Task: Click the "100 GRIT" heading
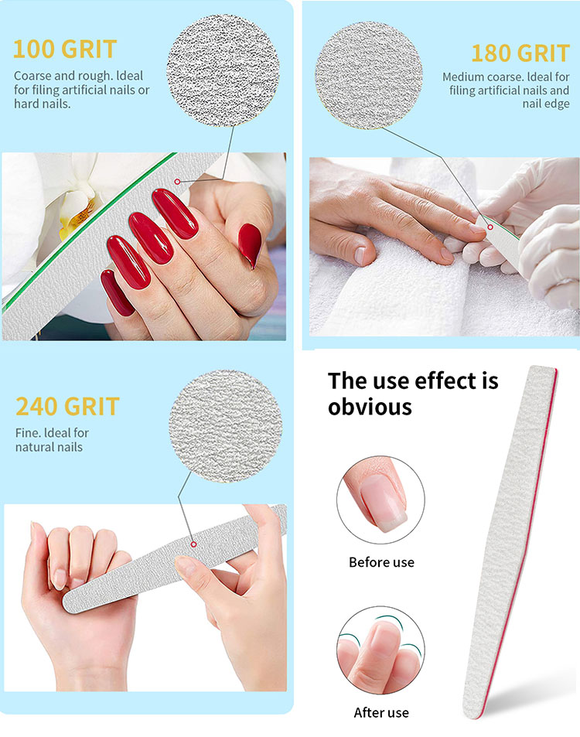coord(65,49)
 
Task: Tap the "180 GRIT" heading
coord(520,53)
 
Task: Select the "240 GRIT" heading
coord(68,407)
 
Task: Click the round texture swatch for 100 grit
coord(223,70)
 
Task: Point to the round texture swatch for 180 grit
coord(369,75)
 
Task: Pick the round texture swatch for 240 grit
coord(226,426)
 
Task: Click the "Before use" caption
coord(381,562)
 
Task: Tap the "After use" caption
coord(381,712)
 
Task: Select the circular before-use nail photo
coord(380,500)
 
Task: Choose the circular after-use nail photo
coord(380,650)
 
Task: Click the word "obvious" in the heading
coord(370,407)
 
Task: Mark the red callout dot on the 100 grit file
coord(177,182)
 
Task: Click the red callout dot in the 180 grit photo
coord(490,227)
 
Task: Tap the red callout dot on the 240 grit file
coord(193,544)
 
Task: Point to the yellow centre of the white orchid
coord(75,217)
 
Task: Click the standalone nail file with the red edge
coord(510,541)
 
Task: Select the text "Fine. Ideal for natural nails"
coord(52,440)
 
